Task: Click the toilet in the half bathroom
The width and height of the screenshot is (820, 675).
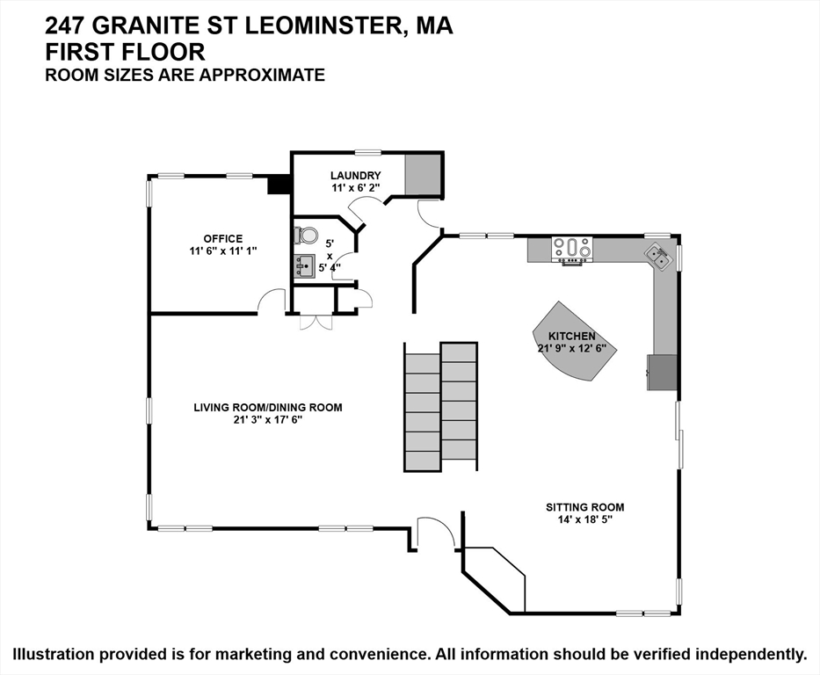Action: tap(305, 236)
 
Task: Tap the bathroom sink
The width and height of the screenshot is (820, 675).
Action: tap(304, 265)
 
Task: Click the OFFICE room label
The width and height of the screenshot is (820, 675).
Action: tap(222, 239)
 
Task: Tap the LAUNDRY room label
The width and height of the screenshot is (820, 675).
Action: tap(356, 176)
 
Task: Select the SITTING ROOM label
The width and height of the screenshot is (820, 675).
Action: tap(584, 507)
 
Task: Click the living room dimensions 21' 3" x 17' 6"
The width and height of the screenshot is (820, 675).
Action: tap(268, 419)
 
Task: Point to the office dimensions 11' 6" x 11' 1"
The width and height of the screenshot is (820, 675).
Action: tap(222, 251)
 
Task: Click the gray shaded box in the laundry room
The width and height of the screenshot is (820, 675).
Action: tap(422, 175)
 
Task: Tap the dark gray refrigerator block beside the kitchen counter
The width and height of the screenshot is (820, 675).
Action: tap(663, 373)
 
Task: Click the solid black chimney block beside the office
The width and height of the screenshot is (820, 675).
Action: tap(278, 185)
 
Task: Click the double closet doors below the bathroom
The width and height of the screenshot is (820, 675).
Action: tap(316, 322)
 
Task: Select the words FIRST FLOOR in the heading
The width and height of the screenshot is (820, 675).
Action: tap(125, 52)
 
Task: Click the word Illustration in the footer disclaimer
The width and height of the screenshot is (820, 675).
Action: tap(54, 654)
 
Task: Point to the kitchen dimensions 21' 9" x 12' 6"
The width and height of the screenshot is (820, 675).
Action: tap(571, 348)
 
